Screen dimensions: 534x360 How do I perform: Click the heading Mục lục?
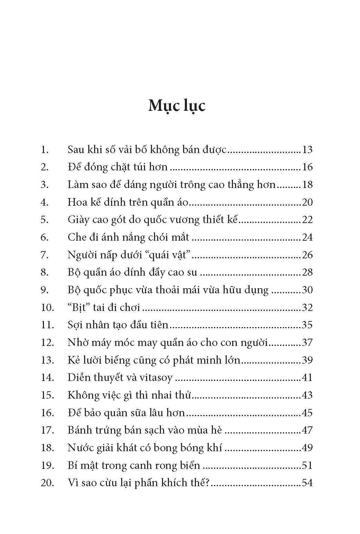pos(177,106)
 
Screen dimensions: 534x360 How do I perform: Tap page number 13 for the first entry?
pos(307,150)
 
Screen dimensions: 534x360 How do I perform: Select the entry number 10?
pos(47,307)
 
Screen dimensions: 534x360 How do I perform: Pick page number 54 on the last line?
pos(307,483)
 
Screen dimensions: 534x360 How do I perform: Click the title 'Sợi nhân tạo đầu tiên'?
pos(118,325)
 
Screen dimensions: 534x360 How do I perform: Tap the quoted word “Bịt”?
pos(81,307)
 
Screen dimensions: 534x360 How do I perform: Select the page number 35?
pos(307,325)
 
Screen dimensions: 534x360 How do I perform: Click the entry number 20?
pos(47,483)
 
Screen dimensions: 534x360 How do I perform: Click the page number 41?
pos(307,377)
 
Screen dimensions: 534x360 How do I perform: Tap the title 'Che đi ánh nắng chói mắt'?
pos(128,237)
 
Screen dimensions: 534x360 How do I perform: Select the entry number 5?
pos(45,220)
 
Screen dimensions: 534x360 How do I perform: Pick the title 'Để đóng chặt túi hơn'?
pos(117,167)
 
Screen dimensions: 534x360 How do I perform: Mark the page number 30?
pos(307,290)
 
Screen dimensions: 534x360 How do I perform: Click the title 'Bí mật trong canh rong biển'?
pos(134,465)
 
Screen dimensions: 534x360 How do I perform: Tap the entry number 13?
pos(47,360)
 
